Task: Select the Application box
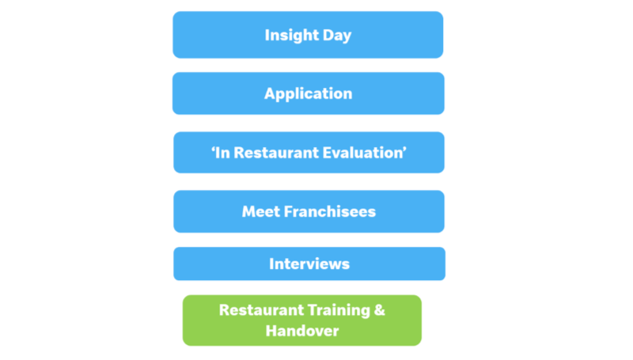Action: (309, 93)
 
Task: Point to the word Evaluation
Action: (362, 153)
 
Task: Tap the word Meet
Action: (261, 211)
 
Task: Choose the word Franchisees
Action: (330, 211)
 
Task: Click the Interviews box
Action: (309, 263)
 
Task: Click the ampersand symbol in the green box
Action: (380, 310)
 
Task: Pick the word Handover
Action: (302, 331)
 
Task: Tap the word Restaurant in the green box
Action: (261, 310)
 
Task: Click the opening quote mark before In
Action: (213, 149)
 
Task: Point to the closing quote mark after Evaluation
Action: (404, 149)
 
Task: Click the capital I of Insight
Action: (267, 35)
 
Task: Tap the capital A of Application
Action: (271, 93)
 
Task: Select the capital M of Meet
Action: (249, 211)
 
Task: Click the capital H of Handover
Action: (271, 331)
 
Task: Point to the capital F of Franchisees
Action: (289, 211)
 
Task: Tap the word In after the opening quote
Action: (222, 153)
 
